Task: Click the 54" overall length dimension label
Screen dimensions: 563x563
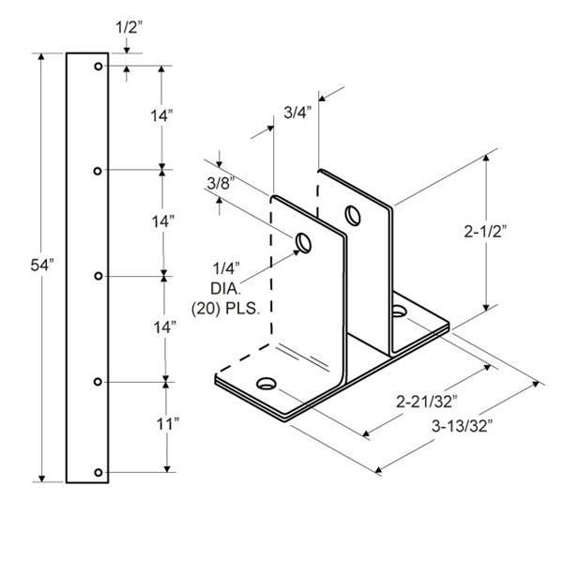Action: pyautogui.click(x=42, y=266)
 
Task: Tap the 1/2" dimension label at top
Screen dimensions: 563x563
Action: pyautogui.click(x=129, y=27)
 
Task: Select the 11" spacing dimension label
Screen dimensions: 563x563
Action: pyautogui.click(x=168, y=424)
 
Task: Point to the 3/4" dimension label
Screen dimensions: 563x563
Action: pyautogui.click(x=297, y=113)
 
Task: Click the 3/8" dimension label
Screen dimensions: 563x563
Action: pyautogui.click(x=221, y=184)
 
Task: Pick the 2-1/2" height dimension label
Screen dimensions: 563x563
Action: pyautogui.click(x=485, y=232)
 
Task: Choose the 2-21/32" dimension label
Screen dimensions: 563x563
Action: pyautogui.click(x=427, y=402)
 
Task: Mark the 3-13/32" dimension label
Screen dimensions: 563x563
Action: pyautogui.click(x=462, y=426)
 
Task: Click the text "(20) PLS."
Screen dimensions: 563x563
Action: pyautogui.click(x=225, y=309)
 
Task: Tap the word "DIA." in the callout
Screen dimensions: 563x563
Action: pyautogui.click(x=225, y=288)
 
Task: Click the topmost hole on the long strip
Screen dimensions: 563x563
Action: pyautogui.click(x=99, y=66)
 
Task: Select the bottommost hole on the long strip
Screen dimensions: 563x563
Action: pyautogui.click(x=99, y=473)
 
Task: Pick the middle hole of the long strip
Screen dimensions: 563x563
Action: pyautogui.click(x=99, y=276)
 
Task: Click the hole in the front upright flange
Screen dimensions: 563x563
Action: pyautogui.click(x=303, y=243)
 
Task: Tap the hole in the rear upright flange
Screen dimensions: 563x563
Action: pyautogui.click(x=353, y=215)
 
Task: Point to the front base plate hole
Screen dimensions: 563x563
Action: pyautogui.click(x=266, y=384)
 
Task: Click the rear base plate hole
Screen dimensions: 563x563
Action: pyautogui.click(x=398, y=311)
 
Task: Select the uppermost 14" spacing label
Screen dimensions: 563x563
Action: pyautogui.click(x=161, y=116)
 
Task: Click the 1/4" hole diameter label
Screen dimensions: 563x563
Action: pyautogui.click(x=226, y=267)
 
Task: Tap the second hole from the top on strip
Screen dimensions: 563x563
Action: pyautogui.click(x=98, y=172)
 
